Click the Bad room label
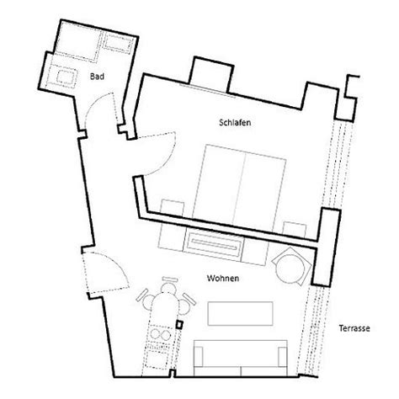point(97,77)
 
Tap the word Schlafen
point(235,123)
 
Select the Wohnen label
point(223,279)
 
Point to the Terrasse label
point(354,328)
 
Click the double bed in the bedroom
point(239,188)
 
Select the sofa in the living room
point(241,358)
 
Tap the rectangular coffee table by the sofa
point(240,313)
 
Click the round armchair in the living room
point(291,266)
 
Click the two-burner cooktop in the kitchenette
point(160,334)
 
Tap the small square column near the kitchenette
point(179,324)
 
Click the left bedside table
point(173,208)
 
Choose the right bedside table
point(294,230)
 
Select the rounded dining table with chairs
point(165,301)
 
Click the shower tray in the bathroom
point(77,41)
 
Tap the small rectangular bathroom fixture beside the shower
point(119,44)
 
